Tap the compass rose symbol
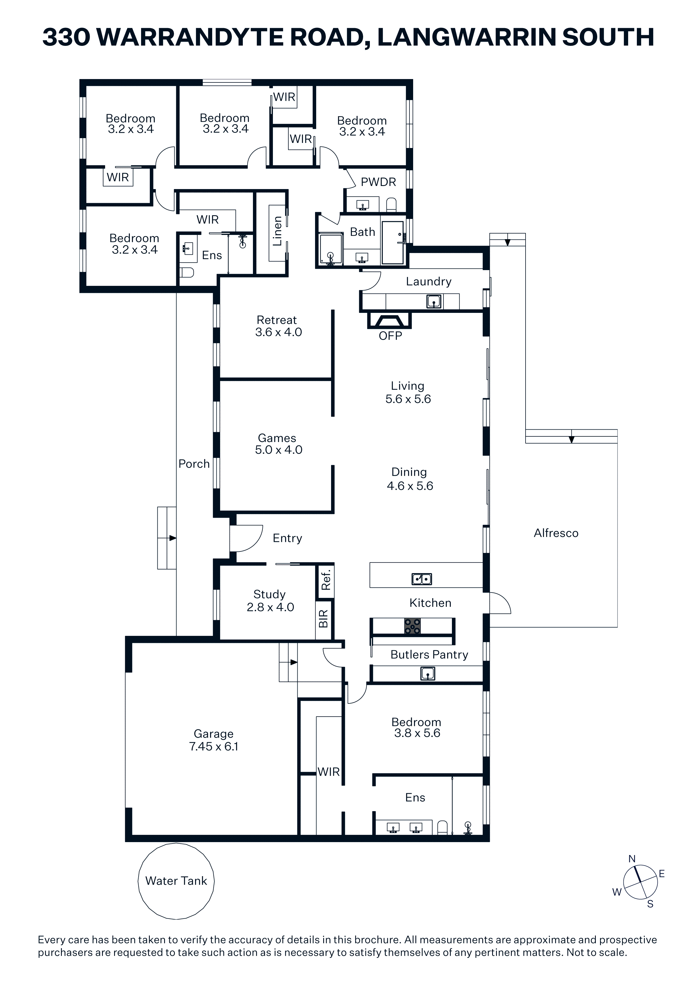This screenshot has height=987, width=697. (x=640, y=882)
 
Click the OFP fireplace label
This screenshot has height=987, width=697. (x=390, y=336)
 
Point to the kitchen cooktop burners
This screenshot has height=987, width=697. (x=412, y=626)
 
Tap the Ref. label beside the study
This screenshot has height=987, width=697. (x=326, y=580)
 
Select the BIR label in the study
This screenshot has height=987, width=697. (x=323, y=619)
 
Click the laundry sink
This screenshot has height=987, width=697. (x=434, y=301)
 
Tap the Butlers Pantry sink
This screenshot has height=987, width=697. (x=428, y=674)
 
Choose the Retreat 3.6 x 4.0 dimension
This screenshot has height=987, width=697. (x=278, y=332)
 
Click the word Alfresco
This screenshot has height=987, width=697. (x=556, y=533)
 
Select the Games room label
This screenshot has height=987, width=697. (x=277, y=438)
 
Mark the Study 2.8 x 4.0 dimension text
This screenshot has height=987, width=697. (x=270, y=607)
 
